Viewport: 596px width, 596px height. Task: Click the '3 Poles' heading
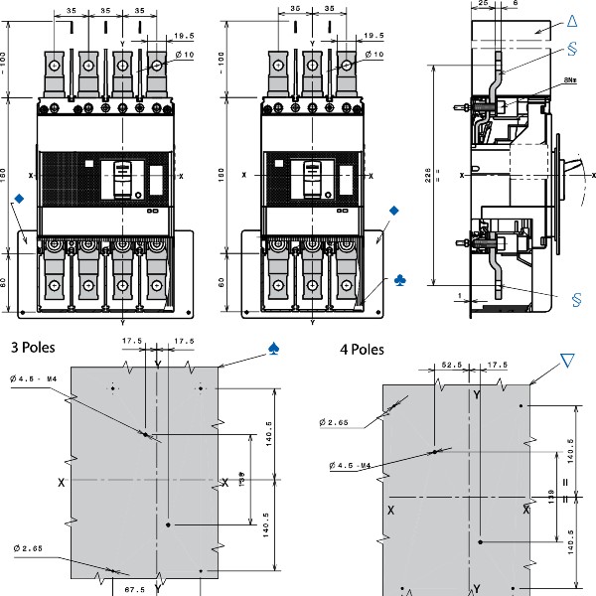point(32,348)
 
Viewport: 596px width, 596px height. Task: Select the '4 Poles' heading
point(362,350)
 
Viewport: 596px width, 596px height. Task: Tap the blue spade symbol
point(274,349)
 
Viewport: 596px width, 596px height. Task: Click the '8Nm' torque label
point(571,78)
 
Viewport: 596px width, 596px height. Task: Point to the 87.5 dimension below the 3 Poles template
point(134,589)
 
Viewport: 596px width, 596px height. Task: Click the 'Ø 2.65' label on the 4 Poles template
point(334,423)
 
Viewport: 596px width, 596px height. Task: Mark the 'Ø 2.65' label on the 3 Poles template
point(28,548)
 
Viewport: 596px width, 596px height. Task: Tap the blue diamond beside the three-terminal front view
point(394,212)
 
